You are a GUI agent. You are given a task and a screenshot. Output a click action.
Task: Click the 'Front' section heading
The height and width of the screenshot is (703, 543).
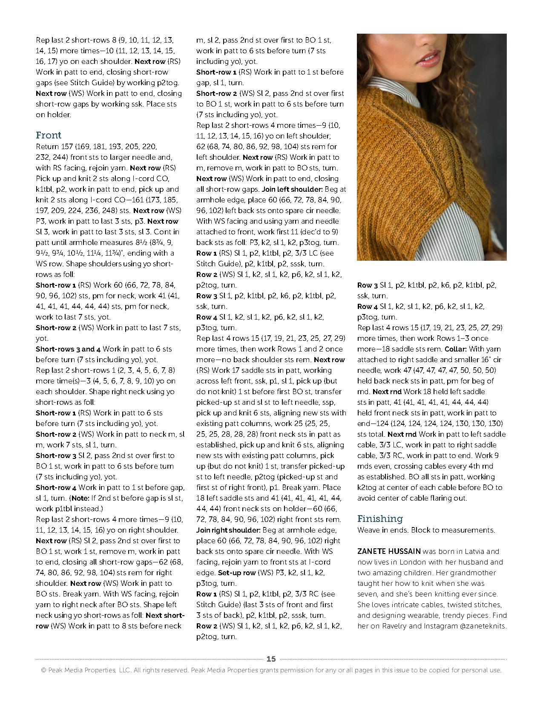[x=49, y=135]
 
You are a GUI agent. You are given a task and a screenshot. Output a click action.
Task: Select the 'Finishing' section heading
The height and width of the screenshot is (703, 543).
[x=379, y=519]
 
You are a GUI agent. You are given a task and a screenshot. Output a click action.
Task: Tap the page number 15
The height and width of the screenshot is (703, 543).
[x=271, y=659]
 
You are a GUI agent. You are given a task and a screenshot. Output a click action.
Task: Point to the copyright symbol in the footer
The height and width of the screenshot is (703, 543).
[x=43, y=670]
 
